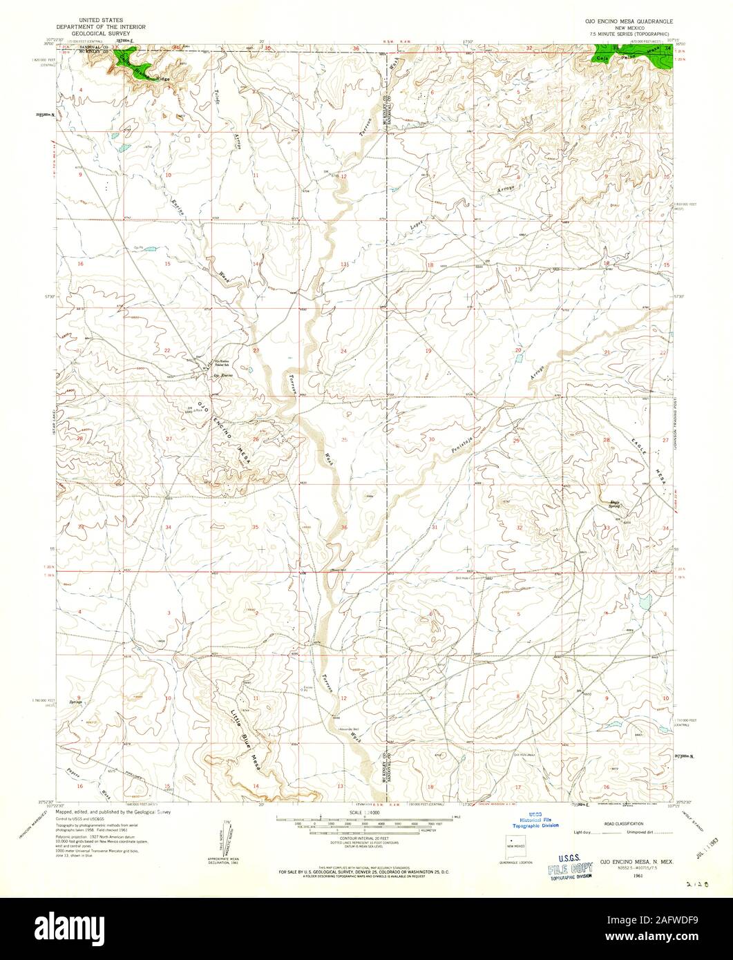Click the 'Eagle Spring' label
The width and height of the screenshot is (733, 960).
613,504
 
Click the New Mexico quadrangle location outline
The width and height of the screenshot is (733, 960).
516,844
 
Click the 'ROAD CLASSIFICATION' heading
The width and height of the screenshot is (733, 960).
623,824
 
